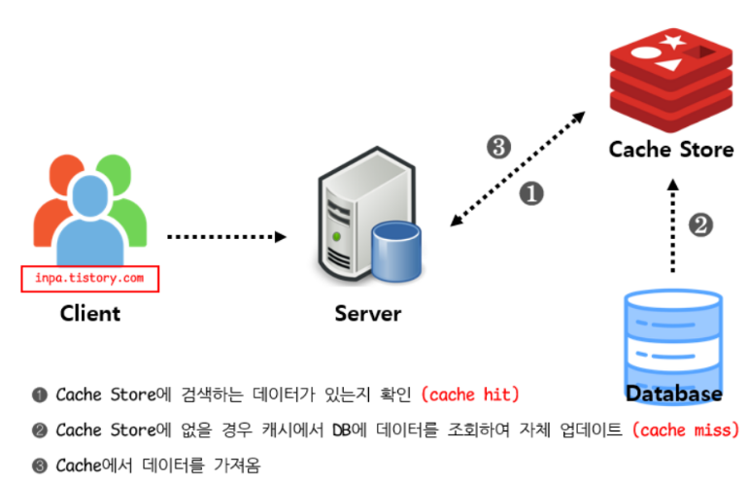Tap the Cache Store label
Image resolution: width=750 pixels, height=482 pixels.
pyautogui.click(x=670, y=150)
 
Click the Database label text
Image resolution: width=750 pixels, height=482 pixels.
pyautogui.click(x=673, y=393)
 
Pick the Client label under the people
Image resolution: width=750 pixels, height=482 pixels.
pyautogui.click(x=90, y=313)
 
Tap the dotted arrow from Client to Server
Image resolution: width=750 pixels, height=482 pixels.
pyautogui.click(x=225, y=236)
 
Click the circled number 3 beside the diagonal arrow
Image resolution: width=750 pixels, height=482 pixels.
pyautogui.click(x=497, y=148)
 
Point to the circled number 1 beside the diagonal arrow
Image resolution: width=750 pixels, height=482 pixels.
pyautogui.click(x=530, y=193)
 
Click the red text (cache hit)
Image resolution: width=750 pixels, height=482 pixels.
pyautogui.click(x=471, y=395)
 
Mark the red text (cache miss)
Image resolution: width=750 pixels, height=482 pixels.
pyautogui.click(x=684, y=430)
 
